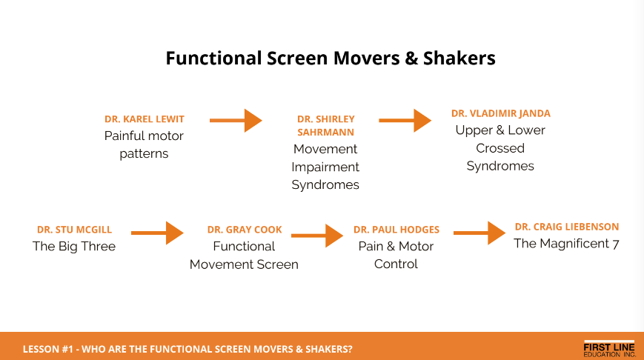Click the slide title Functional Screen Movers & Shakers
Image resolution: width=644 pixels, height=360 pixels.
pos(331,59)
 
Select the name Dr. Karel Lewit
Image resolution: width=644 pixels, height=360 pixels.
pos(145,119)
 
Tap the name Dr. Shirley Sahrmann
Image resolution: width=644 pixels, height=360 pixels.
pos(325,126)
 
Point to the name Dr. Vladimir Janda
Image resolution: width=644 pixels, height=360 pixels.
pos(501,113)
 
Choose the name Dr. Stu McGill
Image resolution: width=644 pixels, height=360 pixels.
pos(74,230)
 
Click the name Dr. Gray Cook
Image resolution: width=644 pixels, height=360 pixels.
pos(245,230)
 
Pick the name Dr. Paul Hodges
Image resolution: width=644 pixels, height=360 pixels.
pos(396,230)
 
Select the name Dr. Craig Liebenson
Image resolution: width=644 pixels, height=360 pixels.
pos(567,227)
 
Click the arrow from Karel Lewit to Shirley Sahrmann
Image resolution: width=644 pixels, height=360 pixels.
pos(236,120)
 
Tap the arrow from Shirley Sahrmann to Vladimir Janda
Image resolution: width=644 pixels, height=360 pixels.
pos(405,120)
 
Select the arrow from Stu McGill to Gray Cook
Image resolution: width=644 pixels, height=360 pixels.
pos(157,233)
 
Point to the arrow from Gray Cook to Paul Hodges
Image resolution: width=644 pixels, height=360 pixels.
pos(317,236)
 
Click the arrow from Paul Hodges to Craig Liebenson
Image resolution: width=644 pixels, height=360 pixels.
pos(479,233)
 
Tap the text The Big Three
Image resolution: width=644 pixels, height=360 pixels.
pos(74,246)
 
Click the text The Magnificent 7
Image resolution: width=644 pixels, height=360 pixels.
pos(566,244)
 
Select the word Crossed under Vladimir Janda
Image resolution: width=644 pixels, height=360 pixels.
pos(500,148)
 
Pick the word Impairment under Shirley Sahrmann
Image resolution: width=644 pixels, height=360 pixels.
pos(325,167)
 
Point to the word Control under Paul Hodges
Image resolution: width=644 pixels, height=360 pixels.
pos(396,264)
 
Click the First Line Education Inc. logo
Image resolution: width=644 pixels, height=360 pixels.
pos(609,349)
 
